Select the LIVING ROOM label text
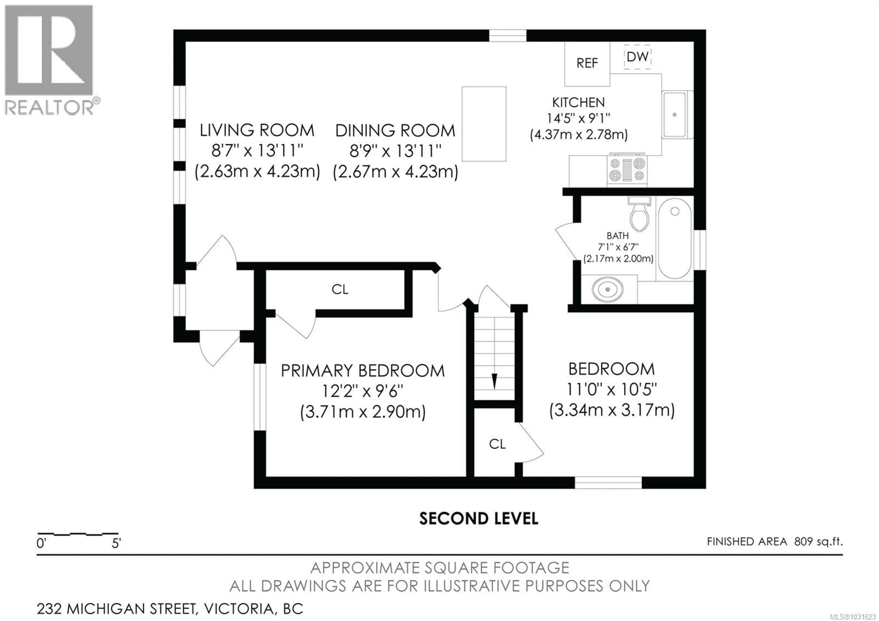click(257, 131)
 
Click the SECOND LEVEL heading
click(479, 518)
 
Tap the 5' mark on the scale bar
click(116, 543)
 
